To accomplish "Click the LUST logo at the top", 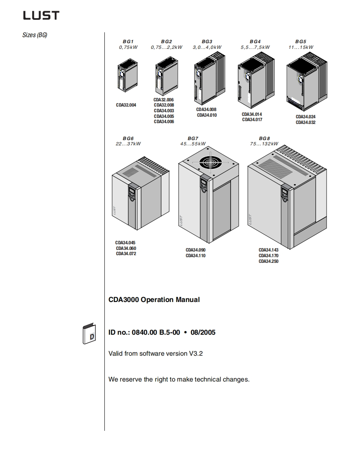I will pyautogui.click(x=41, y=15).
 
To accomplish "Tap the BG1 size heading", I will pyautogui.click(x=128, y=42).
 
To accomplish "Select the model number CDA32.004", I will pyautogui.click(x=126, y=105).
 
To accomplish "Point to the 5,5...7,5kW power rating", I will pyautogui.click(x=255, y=47).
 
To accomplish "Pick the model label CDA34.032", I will pyautogui.click(x=306, y=122).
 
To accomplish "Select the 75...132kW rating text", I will pyautogui.click(x=264, y=144).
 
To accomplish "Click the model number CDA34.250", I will pyautogui.click(x=268, y=261).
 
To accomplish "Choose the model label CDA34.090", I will pyautogui.click(x=196, y=250).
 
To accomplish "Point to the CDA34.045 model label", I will pyautogui.click(x=126, y=243).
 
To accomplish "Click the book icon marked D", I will pyautogui.click(x=89, y=334).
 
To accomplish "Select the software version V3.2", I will pyautogui.click(x=196, y=354).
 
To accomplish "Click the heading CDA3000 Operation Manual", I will pyautogui.click(x=154, y=300).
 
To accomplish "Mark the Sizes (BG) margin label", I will pyautogui.click(x=35, y=35).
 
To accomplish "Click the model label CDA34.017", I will pyautogui.click(x=252, y=120).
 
